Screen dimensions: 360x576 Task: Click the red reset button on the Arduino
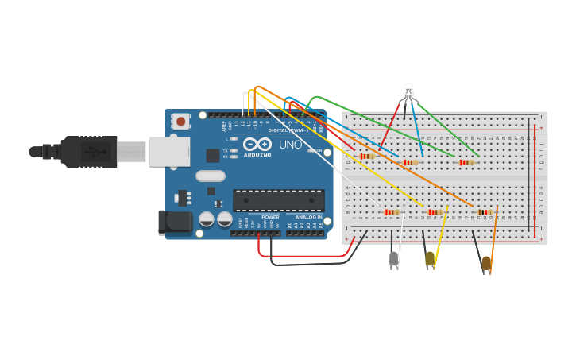click(x=181, y=122)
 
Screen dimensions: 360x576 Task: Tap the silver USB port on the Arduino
click(x=169, y=152)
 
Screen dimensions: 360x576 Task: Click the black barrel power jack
click(x=175, y=222)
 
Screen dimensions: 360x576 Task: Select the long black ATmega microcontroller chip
click(x=278, y=200)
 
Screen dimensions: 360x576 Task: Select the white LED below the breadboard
click(x=393, y=258)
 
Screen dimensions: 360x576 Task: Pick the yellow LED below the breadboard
click(x=430, y=258)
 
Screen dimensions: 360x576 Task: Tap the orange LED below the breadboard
click(x=486, y=262)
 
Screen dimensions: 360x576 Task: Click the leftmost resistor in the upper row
click(x=366, y=157)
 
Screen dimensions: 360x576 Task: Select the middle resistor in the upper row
click(x=411, y=163)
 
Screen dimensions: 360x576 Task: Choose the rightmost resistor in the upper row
click(x=466, y=163)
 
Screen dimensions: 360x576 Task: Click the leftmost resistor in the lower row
click(x=391, y=212)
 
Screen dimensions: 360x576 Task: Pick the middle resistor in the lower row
click(x=435, y=212)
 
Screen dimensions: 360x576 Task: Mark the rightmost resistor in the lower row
click(x=484, y=212)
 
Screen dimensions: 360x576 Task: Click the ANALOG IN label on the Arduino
click(x=309, y=217)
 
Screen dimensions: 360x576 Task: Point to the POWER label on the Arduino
click(x=270, y=217)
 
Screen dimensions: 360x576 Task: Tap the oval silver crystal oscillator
click(x=210, y=176)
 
